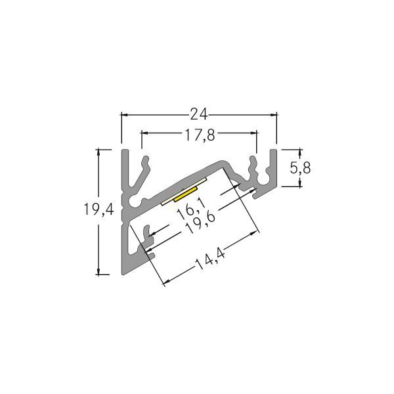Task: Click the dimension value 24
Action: [x=198, y=115]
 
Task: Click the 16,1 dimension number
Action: [x=188, y=210]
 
